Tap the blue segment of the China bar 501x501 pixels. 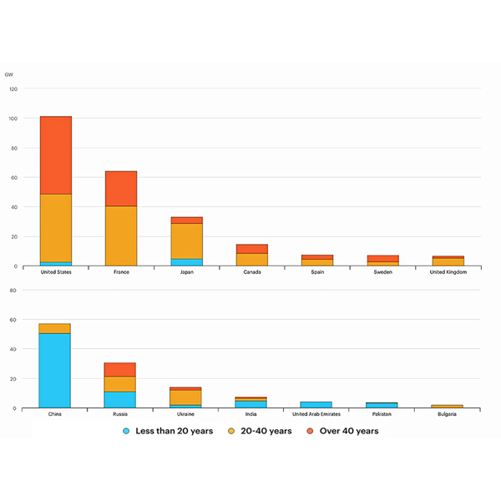[x=56, y=370]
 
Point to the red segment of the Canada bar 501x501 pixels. [x=251, y=249]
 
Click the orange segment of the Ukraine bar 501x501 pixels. [x=186, y=397]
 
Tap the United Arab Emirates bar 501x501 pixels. [x=316, y=404]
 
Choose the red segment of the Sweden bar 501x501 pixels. [x=382, y=259]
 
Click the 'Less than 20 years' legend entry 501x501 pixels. [x=168, y=431]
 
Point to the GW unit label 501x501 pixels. [x=9, y=74]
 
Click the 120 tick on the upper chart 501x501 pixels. [x=12, y=89]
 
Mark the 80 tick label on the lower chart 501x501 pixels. [x=13, y=290]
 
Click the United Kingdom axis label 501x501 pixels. [x=448, y=272]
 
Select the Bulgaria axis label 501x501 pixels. [x=448, y=414]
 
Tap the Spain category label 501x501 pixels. [x=316, y=272]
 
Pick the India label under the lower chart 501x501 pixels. [x=251, y=414]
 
